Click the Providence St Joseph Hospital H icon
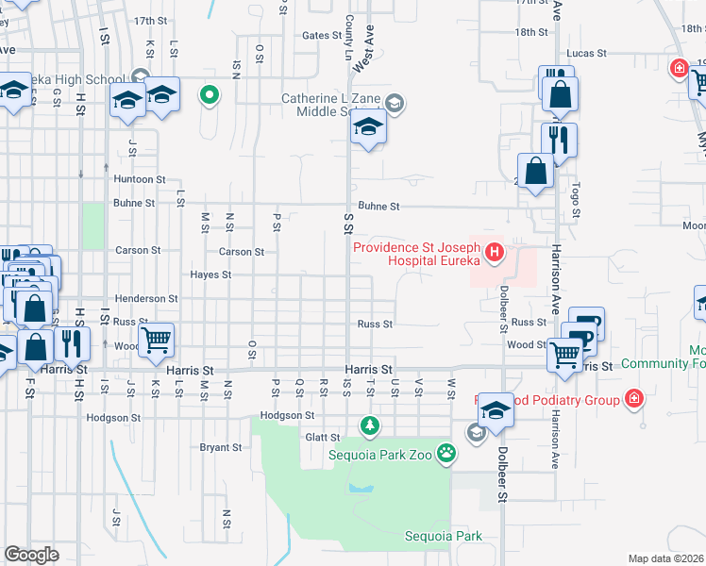494,253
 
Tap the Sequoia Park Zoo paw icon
445,455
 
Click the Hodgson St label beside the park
287,415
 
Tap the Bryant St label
221,447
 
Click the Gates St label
321,36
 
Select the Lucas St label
587,54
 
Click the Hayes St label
210,275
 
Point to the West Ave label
363,57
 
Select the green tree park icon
371,426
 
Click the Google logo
31,555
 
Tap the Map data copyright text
666,558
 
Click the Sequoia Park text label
443,536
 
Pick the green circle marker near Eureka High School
210,94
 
